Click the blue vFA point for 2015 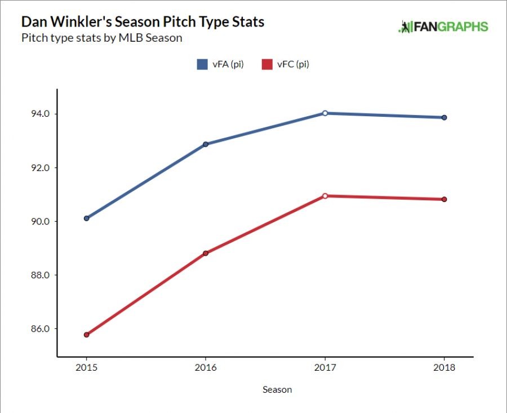(x=86, y=218)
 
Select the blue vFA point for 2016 (x=206, y=144)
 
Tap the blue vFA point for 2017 (x=325, y=113)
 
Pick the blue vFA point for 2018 (x=444, y=117)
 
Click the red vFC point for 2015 (x=86, y=335)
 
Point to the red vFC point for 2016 (x=206, y=253)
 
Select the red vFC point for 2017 (x=325, y=196)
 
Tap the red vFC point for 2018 (x=444, y=199)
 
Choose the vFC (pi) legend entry (x=286, y=64)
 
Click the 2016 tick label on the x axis (x=206, y=368)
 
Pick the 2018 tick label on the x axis (x=444, y=368)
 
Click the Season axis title (x=277, y=389)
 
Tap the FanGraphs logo (x=443, y=27)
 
